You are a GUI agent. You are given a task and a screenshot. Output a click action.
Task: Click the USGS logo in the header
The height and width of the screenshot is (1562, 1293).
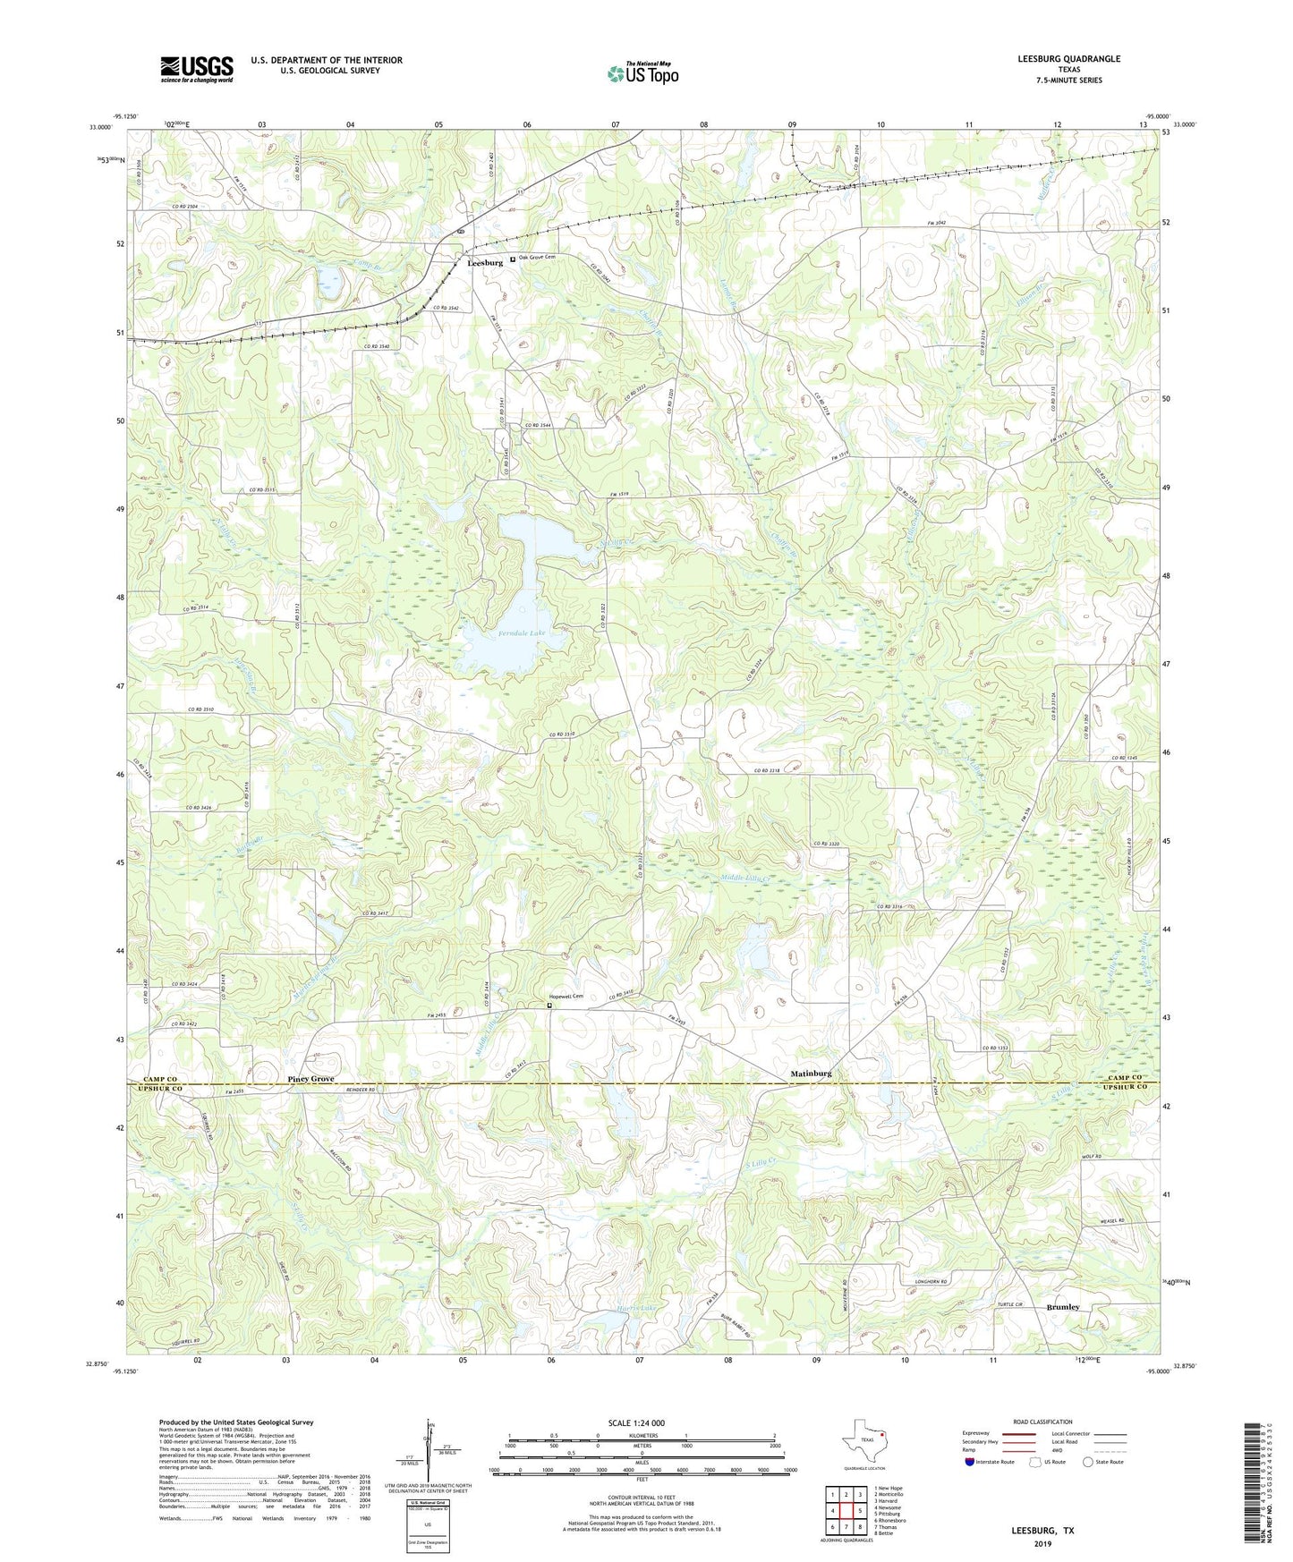pyautogui.click(x=197, y=69)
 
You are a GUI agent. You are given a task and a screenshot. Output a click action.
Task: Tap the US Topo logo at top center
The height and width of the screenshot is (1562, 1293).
pyautogui.click(x=642, y=73)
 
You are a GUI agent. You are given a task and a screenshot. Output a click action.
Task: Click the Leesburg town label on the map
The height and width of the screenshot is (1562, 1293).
pyautogui.click(x=484, y=263)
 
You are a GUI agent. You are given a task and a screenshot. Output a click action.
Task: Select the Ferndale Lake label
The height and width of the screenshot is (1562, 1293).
pyautogui.click(x=522, y=632)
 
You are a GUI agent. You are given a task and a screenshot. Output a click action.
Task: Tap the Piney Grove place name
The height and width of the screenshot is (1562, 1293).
pyautogui.click(x=310, y=1079)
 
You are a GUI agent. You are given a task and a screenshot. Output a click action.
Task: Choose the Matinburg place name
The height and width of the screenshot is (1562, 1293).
pyautogui.click(x=811, y=1073)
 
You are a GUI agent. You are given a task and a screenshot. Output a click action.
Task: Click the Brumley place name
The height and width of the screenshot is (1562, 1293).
pyautogui.click(x=1063, y=1307)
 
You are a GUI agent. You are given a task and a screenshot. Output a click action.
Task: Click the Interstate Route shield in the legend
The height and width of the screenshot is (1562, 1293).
pyautogui.click(x=970, y=1462)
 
